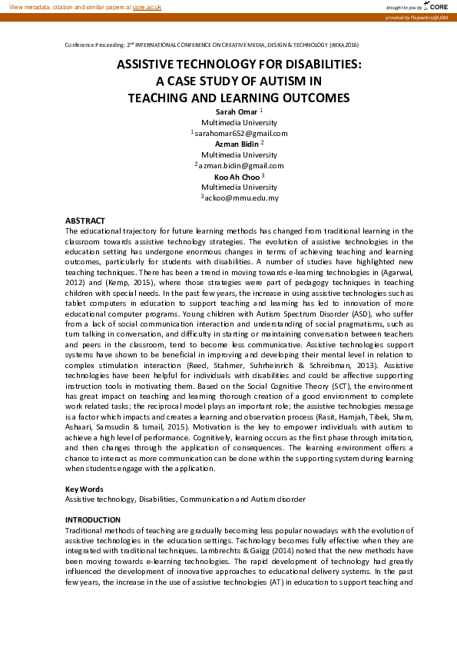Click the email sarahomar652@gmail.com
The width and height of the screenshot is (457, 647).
[241, 134]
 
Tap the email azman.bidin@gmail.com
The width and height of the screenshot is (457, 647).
[241, 165]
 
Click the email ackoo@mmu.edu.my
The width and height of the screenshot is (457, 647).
[241, 198]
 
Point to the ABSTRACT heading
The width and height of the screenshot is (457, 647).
[84, 221]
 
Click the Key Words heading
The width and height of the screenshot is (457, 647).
[83, 489]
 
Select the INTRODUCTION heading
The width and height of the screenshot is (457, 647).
[93, 520]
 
